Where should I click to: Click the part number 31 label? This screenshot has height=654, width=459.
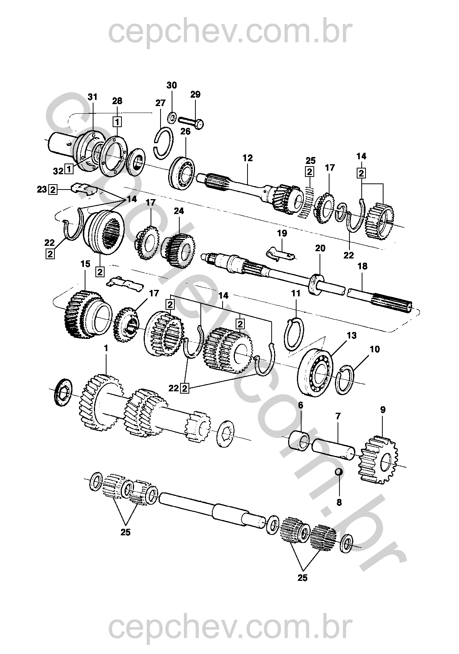[92, 97]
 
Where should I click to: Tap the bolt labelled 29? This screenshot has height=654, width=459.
[190, 122]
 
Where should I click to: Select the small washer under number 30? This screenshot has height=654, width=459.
[172, 118]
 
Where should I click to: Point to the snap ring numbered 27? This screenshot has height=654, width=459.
[163, 143]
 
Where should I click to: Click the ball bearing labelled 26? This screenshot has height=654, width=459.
[181, 173]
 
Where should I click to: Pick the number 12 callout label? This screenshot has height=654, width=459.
[248, 158]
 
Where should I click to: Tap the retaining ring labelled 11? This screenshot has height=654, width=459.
[294, 335]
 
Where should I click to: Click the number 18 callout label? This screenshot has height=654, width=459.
[362, 267]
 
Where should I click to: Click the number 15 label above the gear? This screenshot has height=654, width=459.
[85, 264]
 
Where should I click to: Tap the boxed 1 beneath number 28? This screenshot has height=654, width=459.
[117, 122]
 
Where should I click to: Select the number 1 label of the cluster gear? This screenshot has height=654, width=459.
[106, 348]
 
